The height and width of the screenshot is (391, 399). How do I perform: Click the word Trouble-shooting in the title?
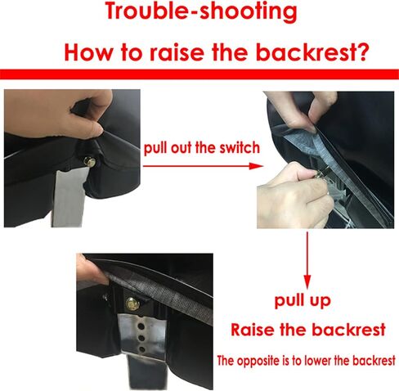pos(201,11)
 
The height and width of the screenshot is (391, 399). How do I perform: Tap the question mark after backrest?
pos(361,52)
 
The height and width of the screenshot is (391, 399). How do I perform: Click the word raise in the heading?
pos(177,52)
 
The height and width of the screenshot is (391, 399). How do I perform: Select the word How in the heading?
pos(87,52)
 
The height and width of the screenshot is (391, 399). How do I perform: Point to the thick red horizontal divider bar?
pos(199,74)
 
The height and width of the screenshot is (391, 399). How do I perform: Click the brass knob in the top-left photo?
pos(90,162)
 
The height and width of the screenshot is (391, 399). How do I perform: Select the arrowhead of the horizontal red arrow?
pos(256,166)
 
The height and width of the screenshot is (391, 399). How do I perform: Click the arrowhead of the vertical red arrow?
pos(307,281)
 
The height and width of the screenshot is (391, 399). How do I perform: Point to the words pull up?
pos(303,301)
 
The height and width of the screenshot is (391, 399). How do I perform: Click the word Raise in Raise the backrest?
pos(253,330)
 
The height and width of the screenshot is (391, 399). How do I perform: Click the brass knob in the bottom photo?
pos(132,303)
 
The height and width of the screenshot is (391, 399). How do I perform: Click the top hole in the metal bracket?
pos(141,326)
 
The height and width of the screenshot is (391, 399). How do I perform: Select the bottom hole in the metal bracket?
pos(142,350)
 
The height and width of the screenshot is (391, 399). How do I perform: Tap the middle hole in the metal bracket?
pos(141,338)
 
